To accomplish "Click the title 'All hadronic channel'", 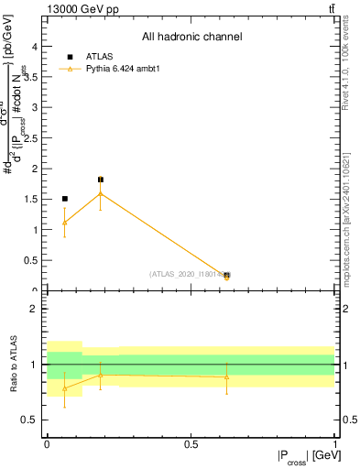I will [191, 38].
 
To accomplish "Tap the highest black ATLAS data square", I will [101, 180].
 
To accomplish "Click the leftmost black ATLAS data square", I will [64, 199].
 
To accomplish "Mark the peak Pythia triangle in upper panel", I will [101, 193].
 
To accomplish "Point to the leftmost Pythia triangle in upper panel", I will [64, 222].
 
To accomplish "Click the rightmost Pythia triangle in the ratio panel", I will [226, 377].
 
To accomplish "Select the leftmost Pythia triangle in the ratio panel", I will [64, 387].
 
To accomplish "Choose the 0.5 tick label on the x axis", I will [191, 445].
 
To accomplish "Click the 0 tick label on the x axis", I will [47, 445].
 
